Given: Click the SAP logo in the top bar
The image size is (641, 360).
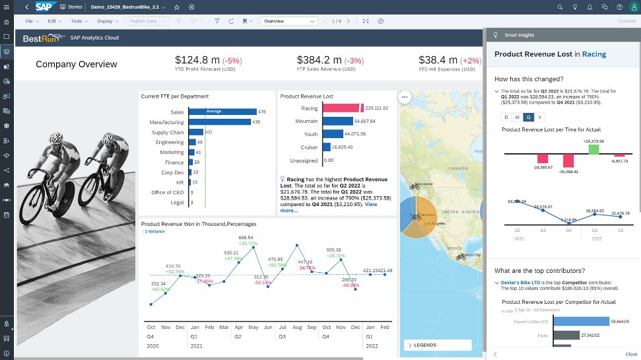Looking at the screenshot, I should click(x=44, y=7).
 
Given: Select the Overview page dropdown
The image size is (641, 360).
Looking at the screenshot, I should click(x=289, y=21).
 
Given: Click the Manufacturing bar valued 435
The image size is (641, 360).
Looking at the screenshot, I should click(x=219, y=122).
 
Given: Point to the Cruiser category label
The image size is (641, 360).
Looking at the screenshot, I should click(x=309, y=147).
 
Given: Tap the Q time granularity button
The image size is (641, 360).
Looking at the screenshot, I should click(x=528, y=117).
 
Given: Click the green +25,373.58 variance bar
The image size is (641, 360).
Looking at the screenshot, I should click(x=593, y=149).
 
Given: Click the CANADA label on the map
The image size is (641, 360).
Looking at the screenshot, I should click(x=457, y=168).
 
